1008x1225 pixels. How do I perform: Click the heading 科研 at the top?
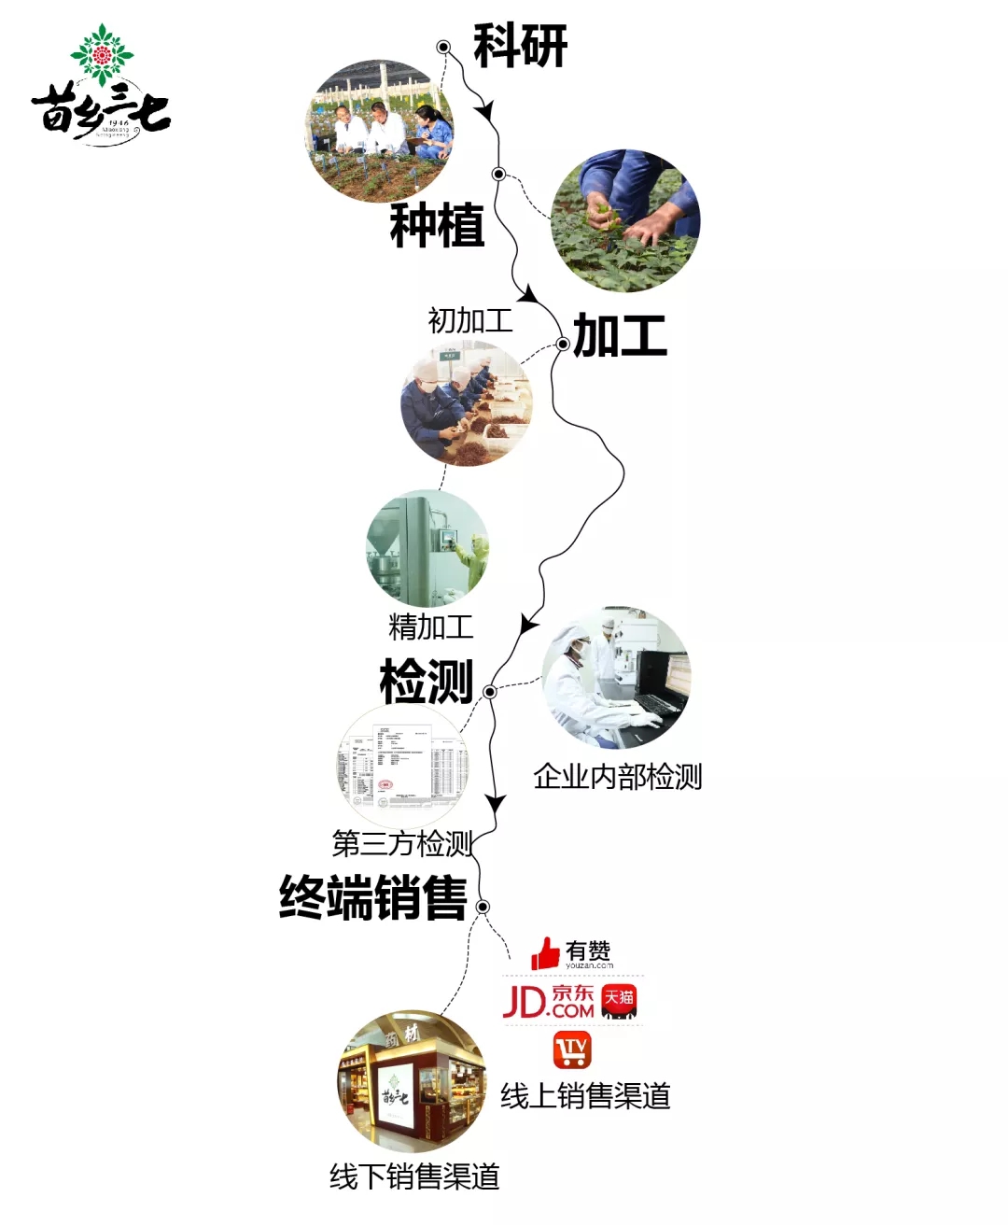coord(520,46)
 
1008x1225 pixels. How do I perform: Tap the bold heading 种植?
coord(437,225)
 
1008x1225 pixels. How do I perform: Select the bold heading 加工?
coord(620,335)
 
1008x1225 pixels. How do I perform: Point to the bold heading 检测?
coord(427,681)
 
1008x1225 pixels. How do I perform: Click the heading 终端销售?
coord(373,897)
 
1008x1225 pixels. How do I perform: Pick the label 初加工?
coord(469,320)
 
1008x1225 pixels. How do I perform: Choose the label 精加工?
coord(430,626)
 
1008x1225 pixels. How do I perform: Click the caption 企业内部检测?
coord(617,776)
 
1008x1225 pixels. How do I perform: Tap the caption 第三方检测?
coord(403,843)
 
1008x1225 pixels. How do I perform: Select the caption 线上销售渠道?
coord(585,1095)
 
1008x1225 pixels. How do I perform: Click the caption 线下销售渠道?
coord(414,1176)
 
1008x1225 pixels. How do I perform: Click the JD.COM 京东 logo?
coord(549,1001)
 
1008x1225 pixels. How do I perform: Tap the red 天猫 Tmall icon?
coord(619,1001)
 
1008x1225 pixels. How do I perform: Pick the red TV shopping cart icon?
coord(571,1050)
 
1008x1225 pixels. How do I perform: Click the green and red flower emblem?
coord(102,54)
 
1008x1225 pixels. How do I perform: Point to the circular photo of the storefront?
coord(412,1080)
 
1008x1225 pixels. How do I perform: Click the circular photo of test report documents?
coord(402,767)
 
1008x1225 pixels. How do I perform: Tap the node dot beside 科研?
coord(443,47)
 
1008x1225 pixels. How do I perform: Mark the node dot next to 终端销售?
coord(483,907)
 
